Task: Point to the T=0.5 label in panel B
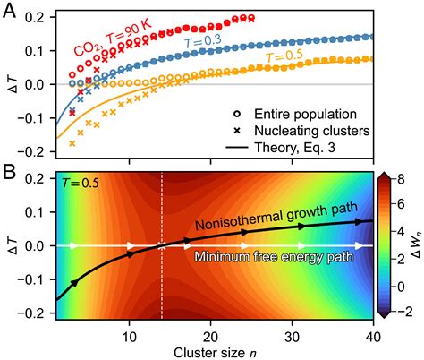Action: click(x=81, y=184)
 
